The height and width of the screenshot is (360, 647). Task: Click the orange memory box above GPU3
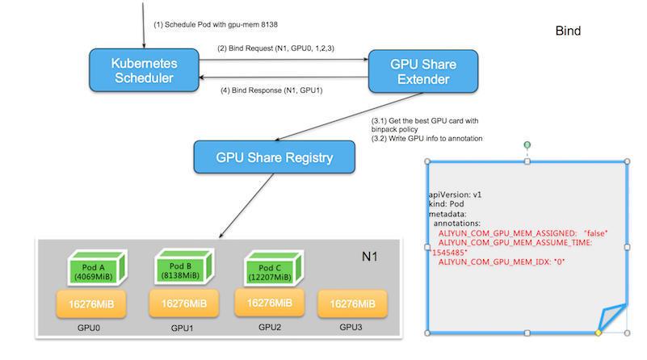(351, 305)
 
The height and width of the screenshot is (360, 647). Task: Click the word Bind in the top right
(568, 31)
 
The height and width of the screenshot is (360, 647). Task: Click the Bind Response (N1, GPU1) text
(271, 89)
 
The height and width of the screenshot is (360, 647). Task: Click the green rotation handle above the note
(527, 145)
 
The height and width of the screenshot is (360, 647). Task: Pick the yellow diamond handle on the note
(598, 332)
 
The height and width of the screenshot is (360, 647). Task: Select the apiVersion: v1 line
(455, 195)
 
